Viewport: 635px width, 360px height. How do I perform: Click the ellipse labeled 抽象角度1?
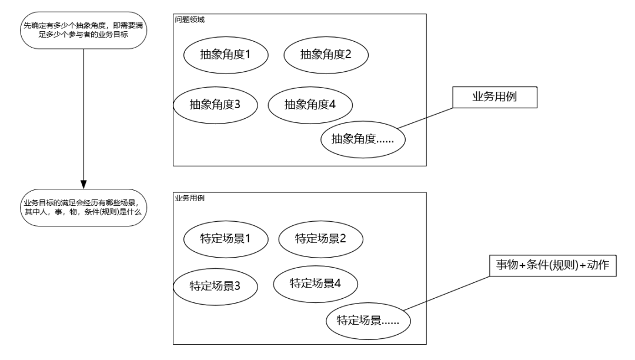pyautogui.click(x=226, y=55)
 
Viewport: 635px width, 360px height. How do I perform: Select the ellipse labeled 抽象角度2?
pyautogui.click(x=326, y=55)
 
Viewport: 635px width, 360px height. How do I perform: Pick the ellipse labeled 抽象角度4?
pyautogui.click(x=310, y=105)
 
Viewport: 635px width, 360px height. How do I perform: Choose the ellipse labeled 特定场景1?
pyautogui.click(x=226, y=239)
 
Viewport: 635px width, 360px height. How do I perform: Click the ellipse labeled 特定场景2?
pyautogui.click(x=320, y=238)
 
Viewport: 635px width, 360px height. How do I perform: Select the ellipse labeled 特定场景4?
pyautogui.click(x=316, y=282)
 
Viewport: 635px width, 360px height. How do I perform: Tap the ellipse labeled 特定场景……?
pyautogui.click(x=368, y=321)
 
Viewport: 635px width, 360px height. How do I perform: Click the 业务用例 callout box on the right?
pyautogui.click(x=495, y=98)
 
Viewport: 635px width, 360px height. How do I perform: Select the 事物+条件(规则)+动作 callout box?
pyautogui.click(x=553, y=266)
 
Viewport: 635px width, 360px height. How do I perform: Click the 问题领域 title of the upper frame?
pyautogui.click(x=189, y=19)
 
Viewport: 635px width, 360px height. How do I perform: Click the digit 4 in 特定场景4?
pyautogui.click(x=337, y=282)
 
